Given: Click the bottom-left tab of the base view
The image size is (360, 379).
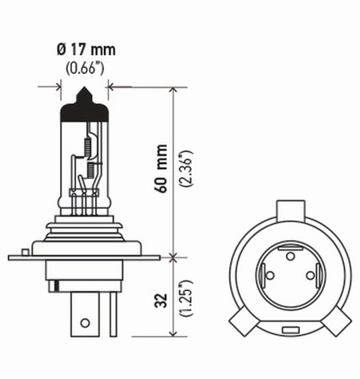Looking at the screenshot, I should point(242,324).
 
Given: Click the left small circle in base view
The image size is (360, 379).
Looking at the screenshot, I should point(270,276).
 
